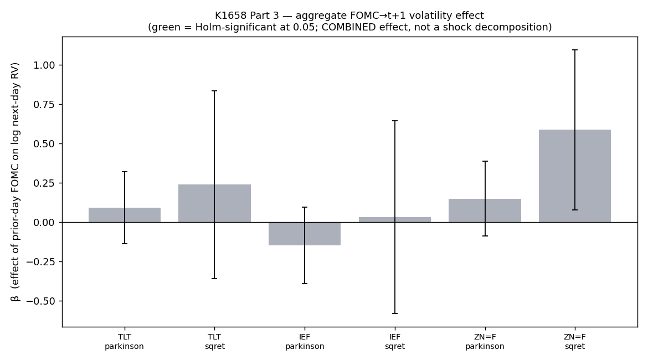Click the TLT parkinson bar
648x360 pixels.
[x=125, y=215]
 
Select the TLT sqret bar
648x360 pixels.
[x=214, y=203]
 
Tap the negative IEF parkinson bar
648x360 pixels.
[x=305, y=234]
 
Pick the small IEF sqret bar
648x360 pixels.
[x=395, y=220]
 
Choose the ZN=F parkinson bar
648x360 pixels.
[x=485, y=211]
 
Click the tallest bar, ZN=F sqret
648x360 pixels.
[x=575, y=176]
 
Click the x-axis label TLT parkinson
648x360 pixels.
[x=125, y=341]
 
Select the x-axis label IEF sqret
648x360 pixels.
[x=395, y=341]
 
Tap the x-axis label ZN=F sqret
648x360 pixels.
[x=575, y=341]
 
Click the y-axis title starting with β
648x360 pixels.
[x=16, y=182]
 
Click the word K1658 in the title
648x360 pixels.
[x=230, y=16]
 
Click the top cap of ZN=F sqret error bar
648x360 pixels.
[x=575, y=50]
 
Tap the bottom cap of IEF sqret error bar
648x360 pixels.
[x=395, y=313]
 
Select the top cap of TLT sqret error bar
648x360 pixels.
[x=214, y=91]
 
